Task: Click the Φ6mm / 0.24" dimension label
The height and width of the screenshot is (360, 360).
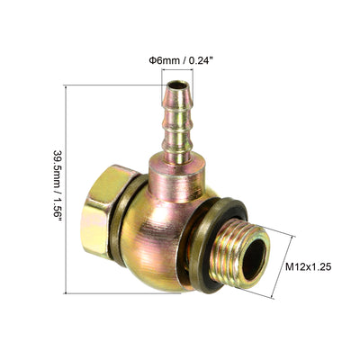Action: tap(181, 60)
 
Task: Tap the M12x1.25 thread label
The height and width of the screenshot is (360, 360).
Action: tap(308, 266)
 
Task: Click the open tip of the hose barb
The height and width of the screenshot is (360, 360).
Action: tap(178, 85)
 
